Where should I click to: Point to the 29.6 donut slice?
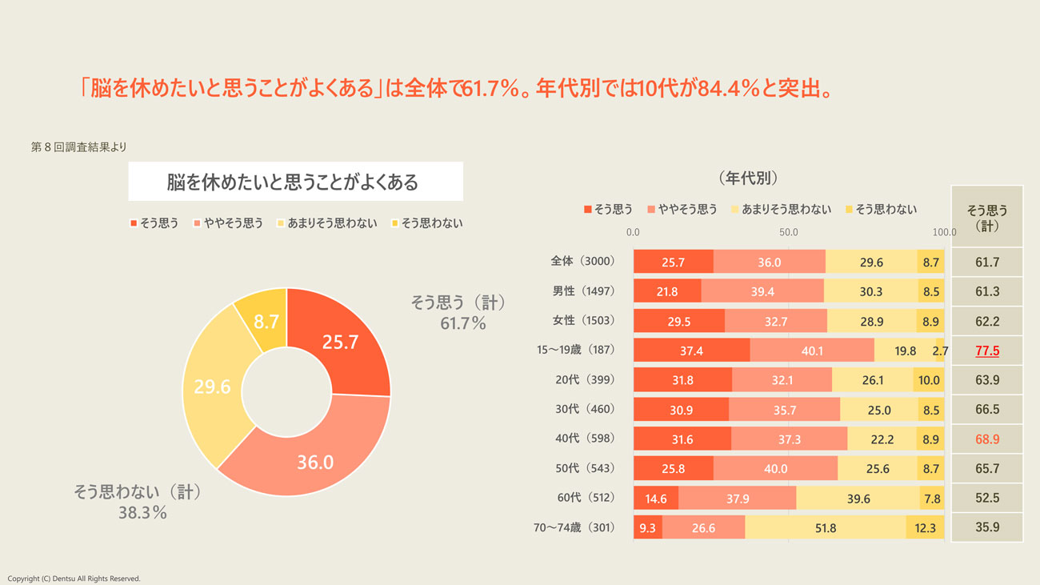212,387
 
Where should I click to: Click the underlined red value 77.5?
987,350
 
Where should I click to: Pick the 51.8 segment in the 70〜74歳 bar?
825,527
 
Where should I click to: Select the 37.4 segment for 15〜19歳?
691,350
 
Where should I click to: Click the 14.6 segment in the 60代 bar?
655,498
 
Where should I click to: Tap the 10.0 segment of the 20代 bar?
929,380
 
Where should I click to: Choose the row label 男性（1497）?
582,290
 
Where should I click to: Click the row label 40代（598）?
585,439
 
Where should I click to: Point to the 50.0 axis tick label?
789,232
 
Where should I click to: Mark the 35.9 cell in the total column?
987,527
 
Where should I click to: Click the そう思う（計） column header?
987,217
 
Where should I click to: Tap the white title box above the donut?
295,182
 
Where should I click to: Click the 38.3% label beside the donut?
142,513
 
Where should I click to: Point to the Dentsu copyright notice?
74,579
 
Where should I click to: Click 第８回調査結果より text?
78,147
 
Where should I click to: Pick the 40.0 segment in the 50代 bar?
775,468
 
